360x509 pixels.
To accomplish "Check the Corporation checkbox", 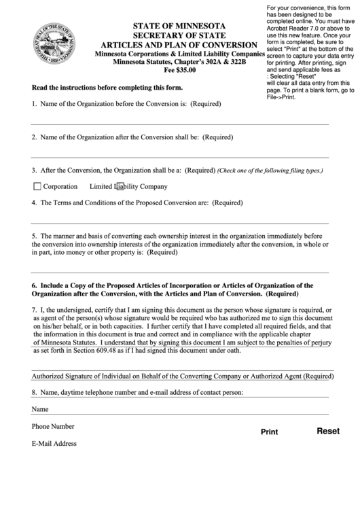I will pyautogui.click(x=37, y=186).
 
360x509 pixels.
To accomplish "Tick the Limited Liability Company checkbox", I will pyautogui.click(x=120, y=186).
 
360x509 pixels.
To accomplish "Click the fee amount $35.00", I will pyautogui.click(x=180, y=69).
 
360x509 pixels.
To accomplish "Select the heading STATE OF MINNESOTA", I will pyautogui.click(x=180, y=27).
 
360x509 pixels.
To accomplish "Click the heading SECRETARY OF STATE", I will pyautogui.click(x=180, y=36).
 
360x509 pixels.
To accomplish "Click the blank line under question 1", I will pyautogui.click(x=180, y=124).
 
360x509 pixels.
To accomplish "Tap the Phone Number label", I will pyautogui.click(x=52, y=426).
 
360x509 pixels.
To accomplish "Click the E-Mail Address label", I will pyautogui.click(x=54, y=443).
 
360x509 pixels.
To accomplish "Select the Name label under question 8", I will pyautogui.click(x=40, y=409).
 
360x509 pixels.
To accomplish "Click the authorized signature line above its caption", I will pyautogui.click(x=180, y=370).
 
